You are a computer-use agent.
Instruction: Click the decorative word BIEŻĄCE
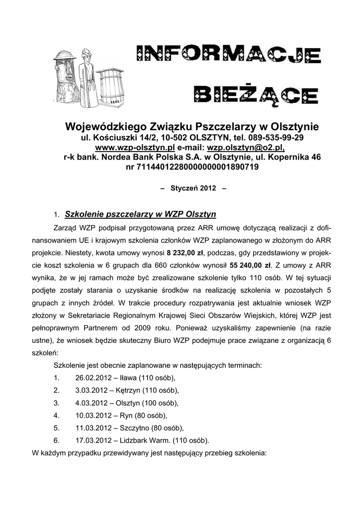256,93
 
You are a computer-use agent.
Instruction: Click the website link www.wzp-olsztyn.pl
135,148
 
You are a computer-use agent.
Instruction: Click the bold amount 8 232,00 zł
186,252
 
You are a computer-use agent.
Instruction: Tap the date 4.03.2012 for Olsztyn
91,403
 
